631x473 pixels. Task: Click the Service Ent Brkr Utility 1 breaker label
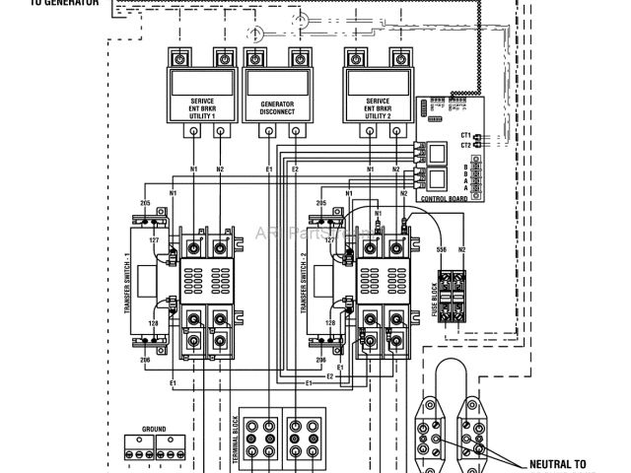(194, 108)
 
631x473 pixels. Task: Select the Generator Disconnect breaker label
(277, 108)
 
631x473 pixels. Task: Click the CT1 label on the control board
(465, 133)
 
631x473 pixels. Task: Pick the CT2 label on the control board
(465, 145)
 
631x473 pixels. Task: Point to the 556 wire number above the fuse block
(441, 250)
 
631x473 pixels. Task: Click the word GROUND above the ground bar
(154, 430)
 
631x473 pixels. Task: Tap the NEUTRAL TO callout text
(558, 463)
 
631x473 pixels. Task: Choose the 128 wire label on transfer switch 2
(330, 322)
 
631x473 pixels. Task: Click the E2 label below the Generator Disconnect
(295, 170)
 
